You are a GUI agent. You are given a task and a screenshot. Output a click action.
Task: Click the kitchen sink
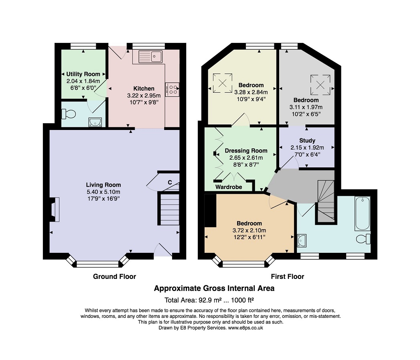tap(150, 56)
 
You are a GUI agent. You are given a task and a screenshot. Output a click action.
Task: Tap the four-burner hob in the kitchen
tap(172, 89)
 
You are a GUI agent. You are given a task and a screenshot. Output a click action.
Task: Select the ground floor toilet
tap(69, 114)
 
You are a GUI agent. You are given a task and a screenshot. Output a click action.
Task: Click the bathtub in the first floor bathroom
tap(362, 214)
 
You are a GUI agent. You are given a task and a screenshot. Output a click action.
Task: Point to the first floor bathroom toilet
tap(363, 239)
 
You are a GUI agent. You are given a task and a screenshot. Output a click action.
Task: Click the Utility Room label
tap(83, 74)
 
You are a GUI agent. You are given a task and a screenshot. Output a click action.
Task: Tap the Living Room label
tap(103, 185)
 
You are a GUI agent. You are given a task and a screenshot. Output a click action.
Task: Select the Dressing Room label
tap(246, 151)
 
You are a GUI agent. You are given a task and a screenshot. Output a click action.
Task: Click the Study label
tap(307, 140)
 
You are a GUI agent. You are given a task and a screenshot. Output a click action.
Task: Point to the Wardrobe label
tap(229, 187)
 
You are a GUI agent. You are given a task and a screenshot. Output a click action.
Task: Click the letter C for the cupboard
tap(170, 183)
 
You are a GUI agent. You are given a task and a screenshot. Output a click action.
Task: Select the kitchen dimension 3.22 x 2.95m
tap(144, 96)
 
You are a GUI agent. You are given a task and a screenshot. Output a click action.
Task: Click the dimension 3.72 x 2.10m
tap(250, 230)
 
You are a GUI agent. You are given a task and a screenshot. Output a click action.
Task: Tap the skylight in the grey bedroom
tap(321, 85)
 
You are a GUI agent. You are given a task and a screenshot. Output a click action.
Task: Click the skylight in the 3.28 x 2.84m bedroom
tap(223, 83)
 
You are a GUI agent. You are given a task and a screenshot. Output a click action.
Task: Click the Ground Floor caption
tap(114, 277)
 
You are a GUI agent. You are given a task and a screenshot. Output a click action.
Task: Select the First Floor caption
tap(287, 277)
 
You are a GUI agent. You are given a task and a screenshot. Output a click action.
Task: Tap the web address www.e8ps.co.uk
tap(246, 328)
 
